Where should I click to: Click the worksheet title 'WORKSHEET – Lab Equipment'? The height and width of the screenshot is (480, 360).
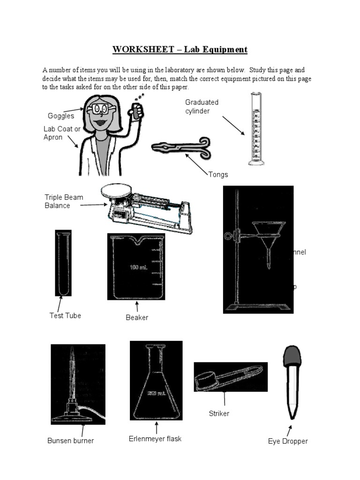pyautogui.click(x=180, y=49)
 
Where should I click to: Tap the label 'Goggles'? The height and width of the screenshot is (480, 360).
pyautogui.click(x=61, y=116)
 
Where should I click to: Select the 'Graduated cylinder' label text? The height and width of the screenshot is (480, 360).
pyautogui.click(x=202, y=106)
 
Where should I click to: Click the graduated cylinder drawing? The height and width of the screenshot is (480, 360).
pyautogui.click(x=255, y=129)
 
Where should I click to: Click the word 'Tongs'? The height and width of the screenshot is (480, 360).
pyautogui.click(x=218, y=174)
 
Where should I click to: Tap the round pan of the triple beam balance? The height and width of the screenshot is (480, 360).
pyautogui.click(x=119, y=189)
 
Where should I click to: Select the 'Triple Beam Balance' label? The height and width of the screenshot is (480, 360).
pyautogui.click(x=64, y=201)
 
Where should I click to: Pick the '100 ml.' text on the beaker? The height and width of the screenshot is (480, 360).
pyautogui.click(x=139, y=268)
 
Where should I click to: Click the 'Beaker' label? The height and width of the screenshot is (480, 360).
pyautogui.click(x=137, y=317)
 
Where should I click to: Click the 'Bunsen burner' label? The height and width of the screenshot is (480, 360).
pyautogui.click(x=71, y=441)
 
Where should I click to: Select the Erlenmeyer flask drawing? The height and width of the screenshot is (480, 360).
pyautogui.click(x=156, y=384)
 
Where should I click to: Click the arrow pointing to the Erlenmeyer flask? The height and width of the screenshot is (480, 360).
pyautogui.click(x=156, y=427)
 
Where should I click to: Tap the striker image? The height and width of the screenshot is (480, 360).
pyautogui.click(x=230, y=376)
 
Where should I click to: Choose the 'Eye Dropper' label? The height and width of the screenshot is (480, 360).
pyautogui.click(x=288, y=441)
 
